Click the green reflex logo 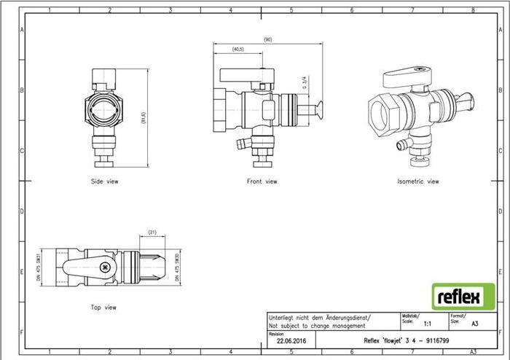click(x=458, y=297)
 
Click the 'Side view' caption click(x=104, y=181)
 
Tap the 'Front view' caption click(x=262, y=181)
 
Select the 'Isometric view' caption click(x=418, y=181)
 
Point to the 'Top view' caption click(x=103, y=308)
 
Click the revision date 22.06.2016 click(x=291, y=340)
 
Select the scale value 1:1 click(x=428, y=324)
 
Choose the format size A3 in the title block click(x=475, y=324)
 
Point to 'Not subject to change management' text click(x=316, y=325)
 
